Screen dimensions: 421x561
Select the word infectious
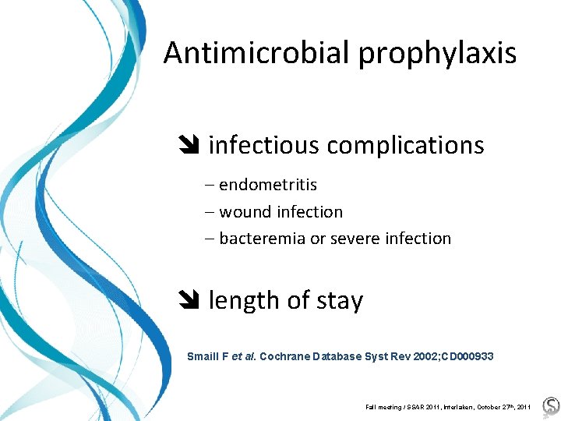264,145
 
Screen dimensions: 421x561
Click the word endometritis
268,185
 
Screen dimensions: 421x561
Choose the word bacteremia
262,239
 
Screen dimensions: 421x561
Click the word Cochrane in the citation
284,356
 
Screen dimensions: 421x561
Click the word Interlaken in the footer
447,407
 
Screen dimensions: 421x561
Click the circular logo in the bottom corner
551,405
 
